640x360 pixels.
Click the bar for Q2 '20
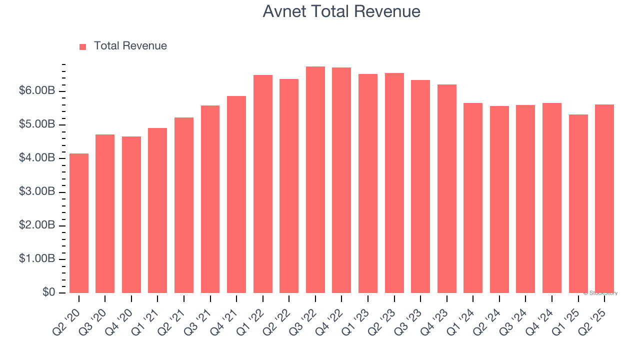79,223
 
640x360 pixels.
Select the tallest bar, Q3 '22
315,179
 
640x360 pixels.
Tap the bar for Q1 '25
578,203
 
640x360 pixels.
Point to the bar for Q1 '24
473,197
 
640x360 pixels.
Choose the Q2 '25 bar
604,198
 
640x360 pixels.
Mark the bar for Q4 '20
131,214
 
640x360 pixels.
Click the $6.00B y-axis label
37,91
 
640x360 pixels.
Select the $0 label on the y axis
48,292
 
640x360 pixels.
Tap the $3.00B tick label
37,192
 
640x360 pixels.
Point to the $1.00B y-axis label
37,259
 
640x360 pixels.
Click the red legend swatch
83,47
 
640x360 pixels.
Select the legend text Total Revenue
130,46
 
